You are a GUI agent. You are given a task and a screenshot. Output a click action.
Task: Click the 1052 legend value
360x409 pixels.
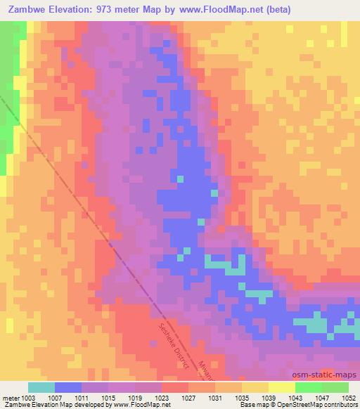coord(349,398)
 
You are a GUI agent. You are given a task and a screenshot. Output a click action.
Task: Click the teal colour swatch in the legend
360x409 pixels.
coord(41,387)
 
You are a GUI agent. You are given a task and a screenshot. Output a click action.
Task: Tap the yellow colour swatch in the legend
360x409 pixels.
coord(282,387)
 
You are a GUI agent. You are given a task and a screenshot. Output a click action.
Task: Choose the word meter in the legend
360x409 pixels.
coord(11,398)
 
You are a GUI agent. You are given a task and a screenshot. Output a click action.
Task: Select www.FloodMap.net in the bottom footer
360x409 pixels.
coord(141,405)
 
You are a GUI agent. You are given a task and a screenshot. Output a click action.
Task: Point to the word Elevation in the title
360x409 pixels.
coord(70,9)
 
